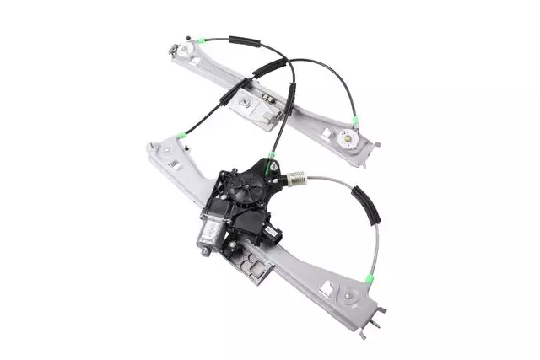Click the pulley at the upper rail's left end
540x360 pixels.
[x=183, y=49]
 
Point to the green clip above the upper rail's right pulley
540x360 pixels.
[x=355, y=121]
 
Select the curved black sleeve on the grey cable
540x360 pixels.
[x=368, y=205]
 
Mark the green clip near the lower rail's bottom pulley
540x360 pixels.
[x=369, y=278]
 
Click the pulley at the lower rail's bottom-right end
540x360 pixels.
[x=349, y=297]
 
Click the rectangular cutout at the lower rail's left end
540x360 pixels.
[x=172, y=165]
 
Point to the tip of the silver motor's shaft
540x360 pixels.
[x=202, y=251]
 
